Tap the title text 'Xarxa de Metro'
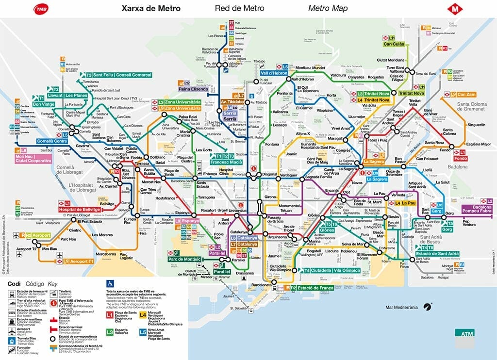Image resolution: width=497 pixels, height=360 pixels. pyautogui.click(x=151, y=8)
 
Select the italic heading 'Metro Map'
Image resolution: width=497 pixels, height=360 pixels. pyautogui.click(x=328, y=8)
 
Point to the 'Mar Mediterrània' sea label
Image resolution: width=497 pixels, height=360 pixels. pyautogui.click(x=401, y=307)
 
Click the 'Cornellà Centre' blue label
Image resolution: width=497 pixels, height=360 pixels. pyautogui.click(x=51, y=142)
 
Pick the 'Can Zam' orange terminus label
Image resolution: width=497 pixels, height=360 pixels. pyautogui.click(x=465, y=95)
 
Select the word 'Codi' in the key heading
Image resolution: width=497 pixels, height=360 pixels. pyautogui.click(x=14, y=284)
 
